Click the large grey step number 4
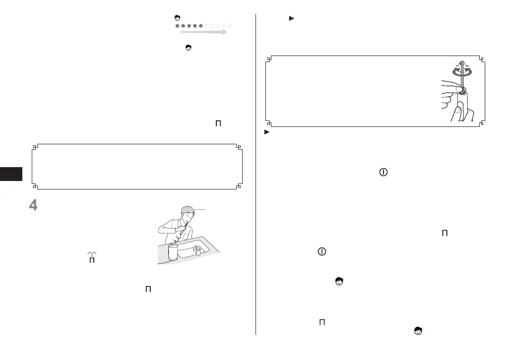point(33,205)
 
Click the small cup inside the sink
point(197,250)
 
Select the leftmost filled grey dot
point(177,25)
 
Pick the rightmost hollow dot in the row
point(231,25)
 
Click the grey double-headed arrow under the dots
point(203,32)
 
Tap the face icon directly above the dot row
point(177,18)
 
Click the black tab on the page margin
point(11,174)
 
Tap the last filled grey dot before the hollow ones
point(201,25)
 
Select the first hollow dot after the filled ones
point(207,25)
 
